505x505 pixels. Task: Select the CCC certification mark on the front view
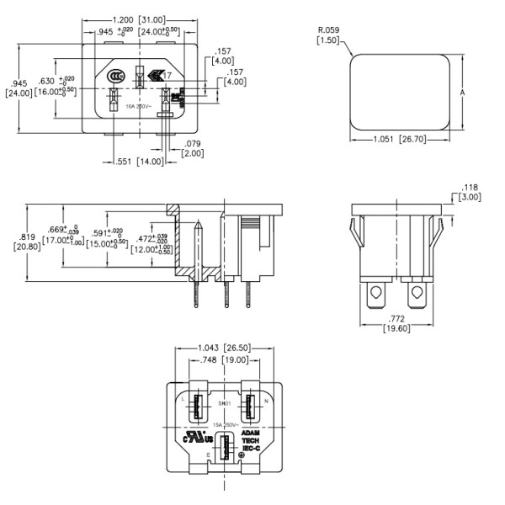[116, 78]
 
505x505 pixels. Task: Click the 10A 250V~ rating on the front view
[140, 107]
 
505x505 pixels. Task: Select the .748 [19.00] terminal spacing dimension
[223, 360]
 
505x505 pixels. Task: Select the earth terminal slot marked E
[224, 444]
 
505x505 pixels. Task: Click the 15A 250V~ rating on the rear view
[225, 425]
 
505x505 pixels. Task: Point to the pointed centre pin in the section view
[197, 252]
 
